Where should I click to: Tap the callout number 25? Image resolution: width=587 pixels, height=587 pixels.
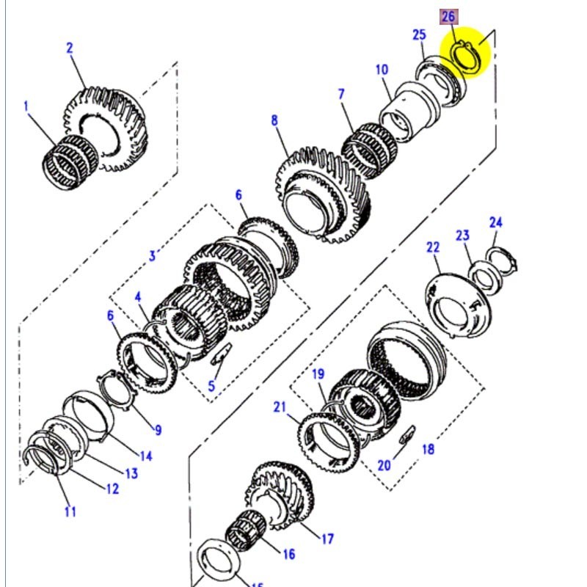coord(419,34)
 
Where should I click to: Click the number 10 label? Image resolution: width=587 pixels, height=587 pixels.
coord(382,70)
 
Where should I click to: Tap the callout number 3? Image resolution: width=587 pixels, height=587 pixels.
coord(153,255)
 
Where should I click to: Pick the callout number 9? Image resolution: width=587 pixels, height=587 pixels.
coord(157,430)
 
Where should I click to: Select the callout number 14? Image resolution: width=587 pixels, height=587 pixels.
coord(145,456)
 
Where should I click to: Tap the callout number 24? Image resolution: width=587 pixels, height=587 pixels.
coord(496,222)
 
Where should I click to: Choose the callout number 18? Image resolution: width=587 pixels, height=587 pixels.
coord(428,449)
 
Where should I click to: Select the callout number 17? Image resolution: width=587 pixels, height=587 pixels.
coord(327,539)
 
